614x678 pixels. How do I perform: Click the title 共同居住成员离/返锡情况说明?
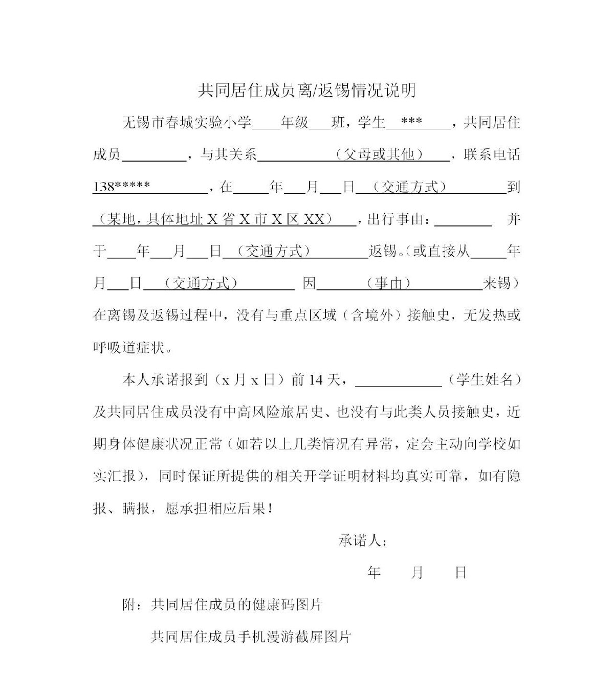pos(306,91)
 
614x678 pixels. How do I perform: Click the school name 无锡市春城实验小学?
pos(187,123)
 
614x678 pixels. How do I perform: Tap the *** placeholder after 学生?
pos(412,123)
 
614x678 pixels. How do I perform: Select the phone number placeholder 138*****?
pos(121,187)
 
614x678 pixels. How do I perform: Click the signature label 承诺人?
pos(362,540)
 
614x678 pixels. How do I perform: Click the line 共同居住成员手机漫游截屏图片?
pos(250,637)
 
